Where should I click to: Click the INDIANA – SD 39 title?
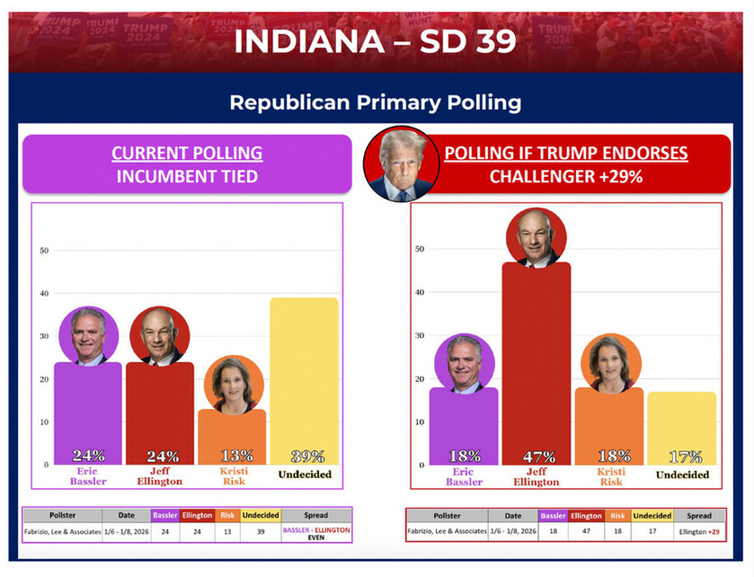(376, 41)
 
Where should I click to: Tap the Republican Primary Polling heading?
(376, 102)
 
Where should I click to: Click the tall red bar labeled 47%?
(536, 360)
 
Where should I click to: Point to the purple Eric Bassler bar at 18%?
(464, 422)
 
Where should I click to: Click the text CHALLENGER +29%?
(565, 176)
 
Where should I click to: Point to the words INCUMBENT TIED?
(187, 176)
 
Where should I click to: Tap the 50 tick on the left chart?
(44, 250)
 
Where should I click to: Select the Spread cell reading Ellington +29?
(698, 532)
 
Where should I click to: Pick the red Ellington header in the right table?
(585, 516)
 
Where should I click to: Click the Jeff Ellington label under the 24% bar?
(160, 475)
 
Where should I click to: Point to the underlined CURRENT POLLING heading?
(187, 153)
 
